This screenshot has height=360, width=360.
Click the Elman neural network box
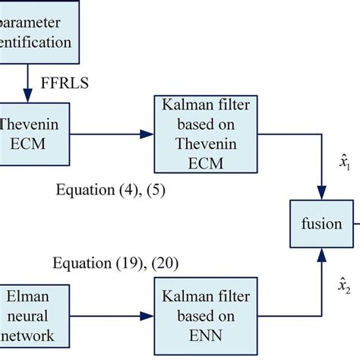coord(26,311)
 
